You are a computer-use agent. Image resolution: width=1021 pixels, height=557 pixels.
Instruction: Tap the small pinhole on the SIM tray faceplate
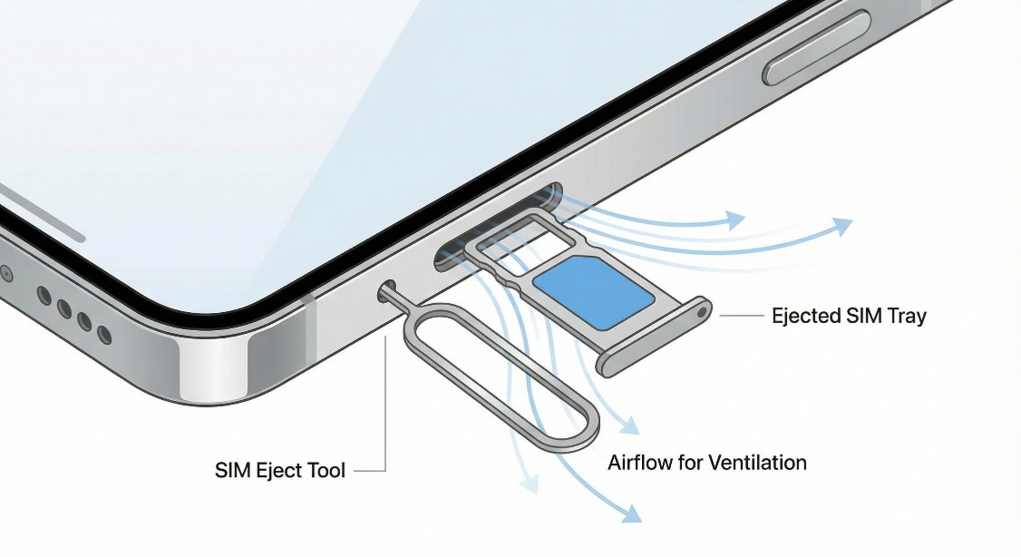point(703,310)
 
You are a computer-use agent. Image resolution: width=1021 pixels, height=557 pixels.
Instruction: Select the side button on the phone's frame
point(817,47)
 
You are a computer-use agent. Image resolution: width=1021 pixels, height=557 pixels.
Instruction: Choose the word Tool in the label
point(325,471)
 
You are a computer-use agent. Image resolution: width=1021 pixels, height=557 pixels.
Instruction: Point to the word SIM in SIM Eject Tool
point(232,471)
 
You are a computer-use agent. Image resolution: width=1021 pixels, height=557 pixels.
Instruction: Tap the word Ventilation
point(757,463)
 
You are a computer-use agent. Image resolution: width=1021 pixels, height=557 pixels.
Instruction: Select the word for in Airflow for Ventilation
point(694,463)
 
